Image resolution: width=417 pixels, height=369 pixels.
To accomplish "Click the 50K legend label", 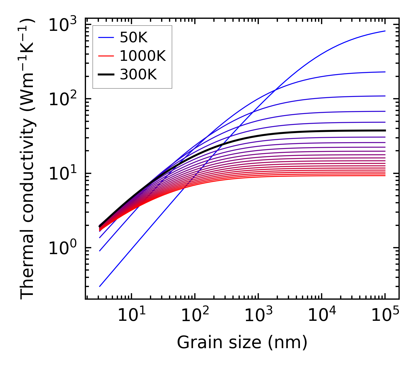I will [x=133, y=38].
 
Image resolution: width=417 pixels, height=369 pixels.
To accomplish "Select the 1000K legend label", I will [x=143, y=56].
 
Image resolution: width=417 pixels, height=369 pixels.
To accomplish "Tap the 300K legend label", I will [x=138, y=75].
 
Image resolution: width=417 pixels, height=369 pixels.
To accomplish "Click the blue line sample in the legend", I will [x=106, y=38].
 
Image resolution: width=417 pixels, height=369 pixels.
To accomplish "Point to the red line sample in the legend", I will [x=106, y=56].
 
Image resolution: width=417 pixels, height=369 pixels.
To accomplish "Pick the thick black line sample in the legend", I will [x=106, y=75].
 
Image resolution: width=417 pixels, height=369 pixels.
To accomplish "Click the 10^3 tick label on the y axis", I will [x=63, y=25].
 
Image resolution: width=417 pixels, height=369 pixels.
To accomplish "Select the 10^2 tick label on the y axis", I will [x=63, y=99].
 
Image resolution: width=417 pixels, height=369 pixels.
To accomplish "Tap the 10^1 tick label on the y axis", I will [x=63, y=174].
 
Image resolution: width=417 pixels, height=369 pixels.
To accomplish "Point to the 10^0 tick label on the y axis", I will [x=63, y=248].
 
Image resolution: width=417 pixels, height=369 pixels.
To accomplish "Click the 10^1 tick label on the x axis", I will [x=131, y=316].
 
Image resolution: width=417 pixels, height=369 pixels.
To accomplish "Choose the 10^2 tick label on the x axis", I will [x=195, y=316].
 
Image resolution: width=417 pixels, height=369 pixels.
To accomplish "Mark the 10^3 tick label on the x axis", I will [x=258, y=316].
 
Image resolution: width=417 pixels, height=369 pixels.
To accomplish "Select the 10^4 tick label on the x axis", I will [x=322, y=316].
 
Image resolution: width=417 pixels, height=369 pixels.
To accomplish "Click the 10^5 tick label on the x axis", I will [x=385, y=316].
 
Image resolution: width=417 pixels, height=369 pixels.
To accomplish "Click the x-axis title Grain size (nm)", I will [x=242, y=343].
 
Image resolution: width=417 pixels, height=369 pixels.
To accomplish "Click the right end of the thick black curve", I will [x=385, y=130].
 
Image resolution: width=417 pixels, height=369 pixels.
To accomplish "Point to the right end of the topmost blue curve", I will [x=385, y=31].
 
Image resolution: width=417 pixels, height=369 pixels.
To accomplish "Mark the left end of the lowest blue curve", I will [x=100, y=286].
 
